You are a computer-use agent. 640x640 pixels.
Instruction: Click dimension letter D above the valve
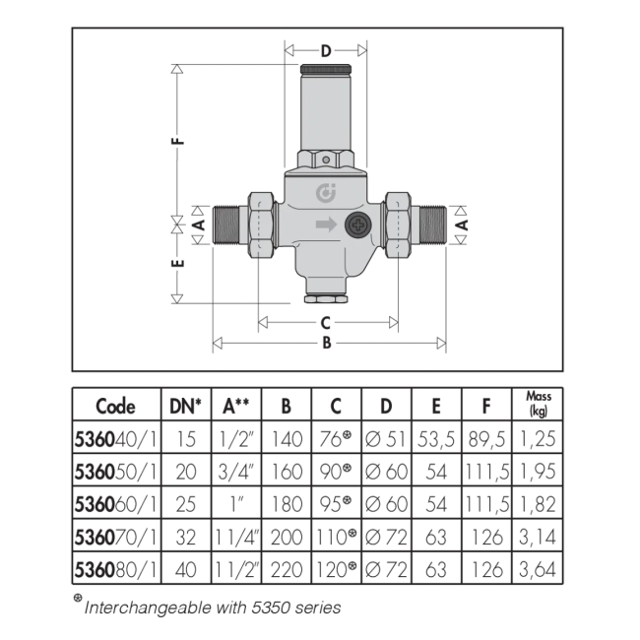(x=326, y=51)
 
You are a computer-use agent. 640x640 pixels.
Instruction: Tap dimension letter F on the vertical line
(x=178, y=141)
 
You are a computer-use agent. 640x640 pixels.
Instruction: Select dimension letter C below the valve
(x=325, y=323)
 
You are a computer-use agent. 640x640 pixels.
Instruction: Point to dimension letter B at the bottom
(x=327, y=343)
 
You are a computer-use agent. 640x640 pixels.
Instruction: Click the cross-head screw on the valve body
(x=358, y=224)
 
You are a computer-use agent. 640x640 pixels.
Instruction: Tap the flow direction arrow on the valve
(x=326, y=224)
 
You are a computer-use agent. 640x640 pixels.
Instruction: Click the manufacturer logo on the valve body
(x=326, y=193)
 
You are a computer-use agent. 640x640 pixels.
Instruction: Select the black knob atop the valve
(x=326, y=69)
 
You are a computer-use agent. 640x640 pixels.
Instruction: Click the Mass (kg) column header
(x=538, y=404)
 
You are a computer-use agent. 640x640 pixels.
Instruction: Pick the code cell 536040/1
(x=115, y=439)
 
